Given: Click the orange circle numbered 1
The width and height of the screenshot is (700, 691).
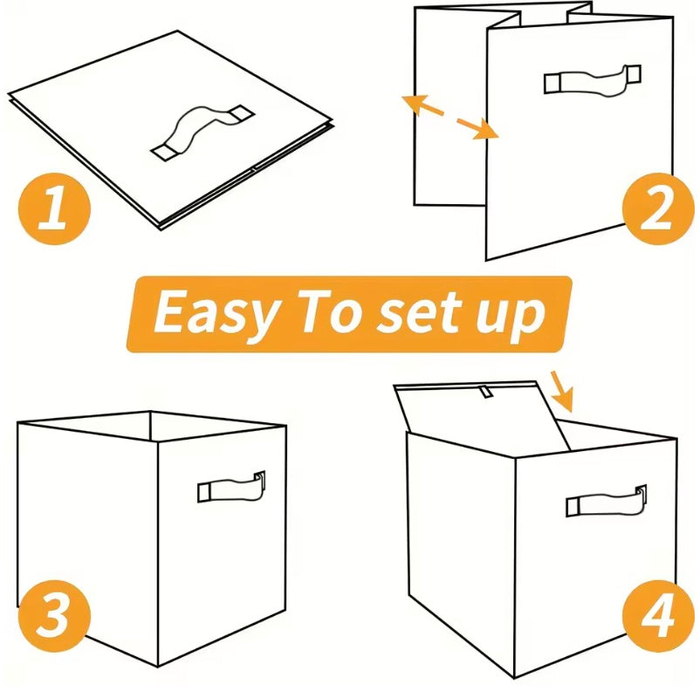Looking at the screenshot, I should tap(54, 210).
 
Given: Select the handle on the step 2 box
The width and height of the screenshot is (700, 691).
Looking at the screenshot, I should tap(593, 79).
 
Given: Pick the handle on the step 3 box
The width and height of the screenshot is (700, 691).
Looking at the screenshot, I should tap(230, 486).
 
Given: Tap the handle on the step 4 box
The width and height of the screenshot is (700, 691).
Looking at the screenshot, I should tap(606, 501).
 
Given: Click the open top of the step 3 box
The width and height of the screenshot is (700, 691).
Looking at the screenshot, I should tap(153, 425).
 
